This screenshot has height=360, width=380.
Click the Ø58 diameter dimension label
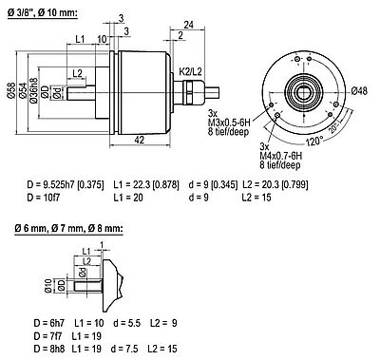tap(11, 91)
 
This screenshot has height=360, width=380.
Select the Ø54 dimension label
tap(23, 91)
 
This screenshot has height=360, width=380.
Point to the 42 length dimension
tap(140, 140)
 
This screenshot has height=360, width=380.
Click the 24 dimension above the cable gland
tap(189, 25)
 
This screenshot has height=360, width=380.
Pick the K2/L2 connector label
tap(190, 71)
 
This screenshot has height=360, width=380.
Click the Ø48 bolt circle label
tap(360, 91)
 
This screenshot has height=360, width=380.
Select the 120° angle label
tap(314, 141)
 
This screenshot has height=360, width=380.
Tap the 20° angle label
tap(333, 128)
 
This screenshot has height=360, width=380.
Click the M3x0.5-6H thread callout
tap(229, 123)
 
